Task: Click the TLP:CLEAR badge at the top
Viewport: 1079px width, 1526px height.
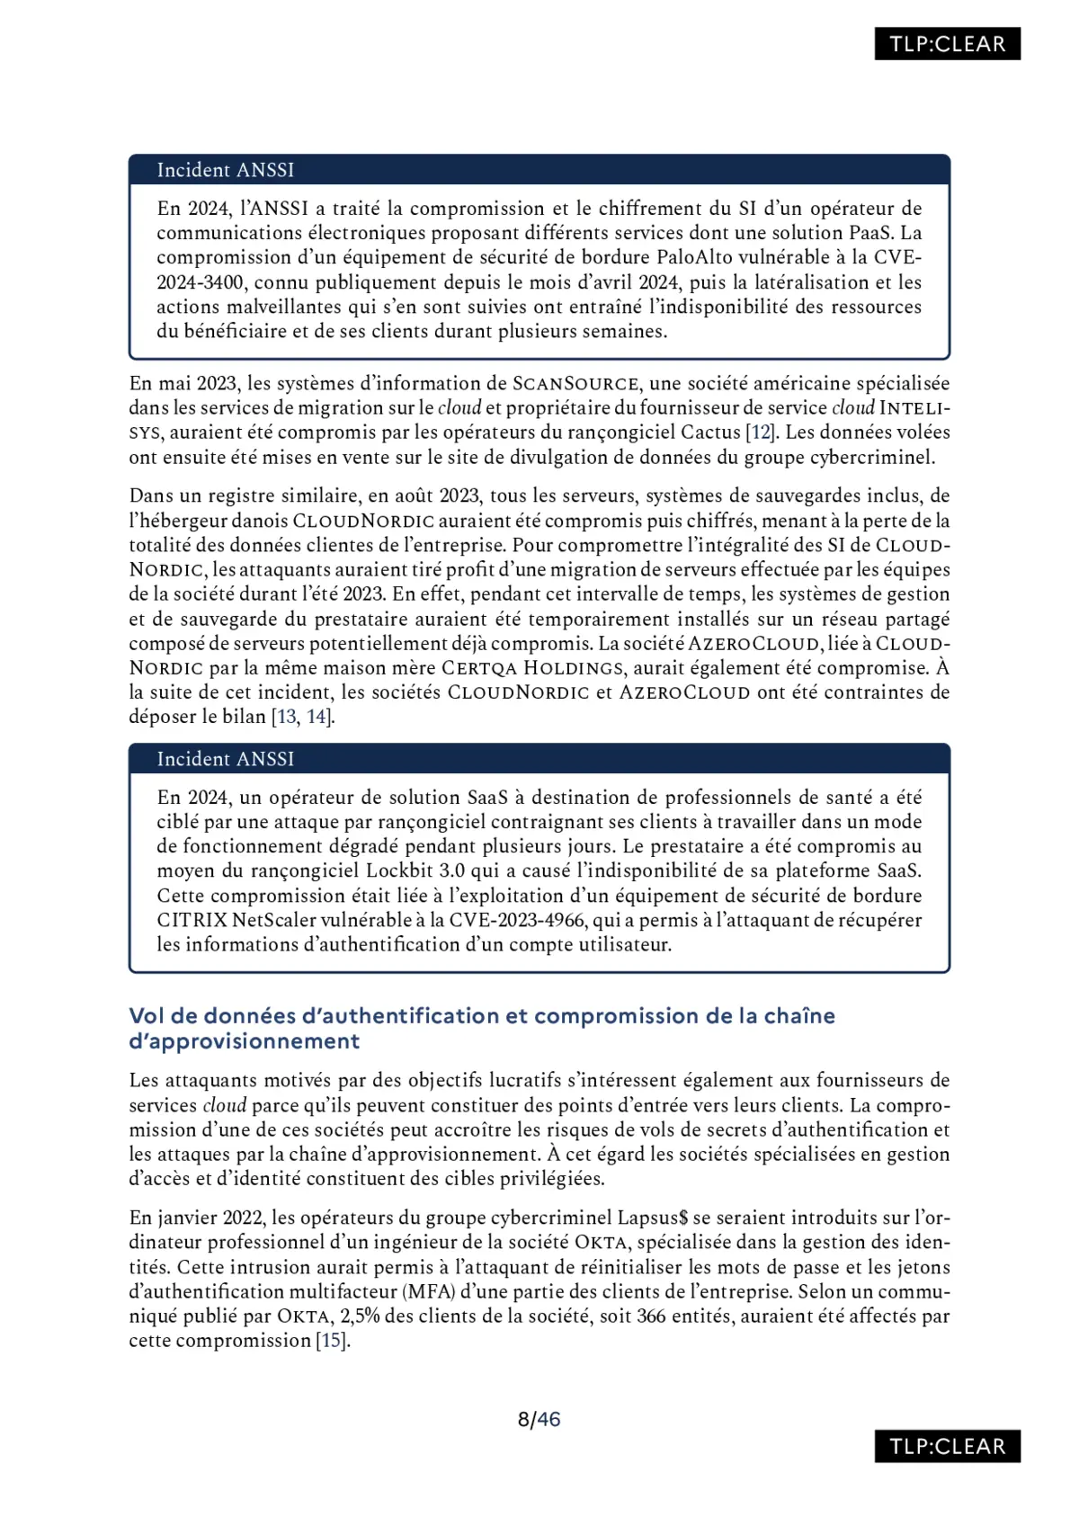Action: pos(947,44)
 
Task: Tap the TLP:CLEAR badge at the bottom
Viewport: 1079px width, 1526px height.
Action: pos(947,1446)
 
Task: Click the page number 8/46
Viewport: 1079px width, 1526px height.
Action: pos(539,1419)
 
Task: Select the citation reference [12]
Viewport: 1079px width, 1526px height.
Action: pos(762,432)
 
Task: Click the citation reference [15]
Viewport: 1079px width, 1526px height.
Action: pos(332,1340)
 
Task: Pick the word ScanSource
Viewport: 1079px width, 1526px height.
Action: pos(575,383)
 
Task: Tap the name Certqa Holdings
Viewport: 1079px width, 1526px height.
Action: pos(532,668)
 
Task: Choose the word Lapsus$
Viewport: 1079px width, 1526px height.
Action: pos(653,1218)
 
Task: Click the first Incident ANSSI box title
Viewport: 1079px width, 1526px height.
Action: pos(225,170)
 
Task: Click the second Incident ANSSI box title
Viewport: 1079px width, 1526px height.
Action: pos(225,759)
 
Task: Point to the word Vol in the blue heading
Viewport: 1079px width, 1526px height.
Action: pos(147,1016)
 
